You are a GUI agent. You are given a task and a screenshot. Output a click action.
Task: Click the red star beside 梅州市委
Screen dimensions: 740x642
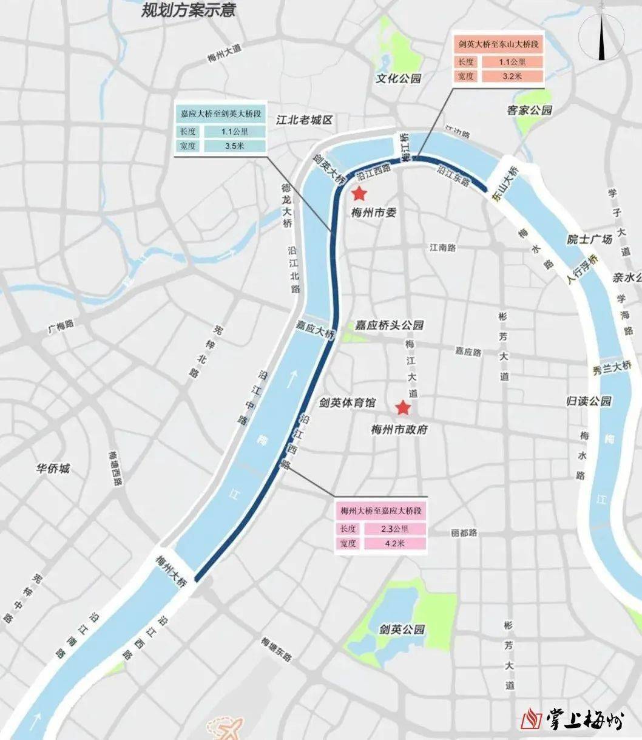click(359, 194)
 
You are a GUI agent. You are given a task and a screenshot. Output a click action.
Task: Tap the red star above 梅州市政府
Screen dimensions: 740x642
click(402, 409)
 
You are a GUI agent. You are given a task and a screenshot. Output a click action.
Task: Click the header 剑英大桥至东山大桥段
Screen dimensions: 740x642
click(499, 44)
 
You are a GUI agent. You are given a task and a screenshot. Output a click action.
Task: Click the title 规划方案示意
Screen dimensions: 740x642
click(188, 10)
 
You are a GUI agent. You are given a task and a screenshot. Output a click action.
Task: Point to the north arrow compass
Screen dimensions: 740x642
click(601, 38)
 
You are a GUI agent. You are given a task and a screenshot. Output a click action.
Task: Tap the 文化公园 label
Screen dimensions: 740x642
click(398, 79)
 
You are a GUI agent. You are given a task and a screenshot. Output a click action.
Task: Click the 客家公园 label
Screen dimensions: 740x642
click(530, 110)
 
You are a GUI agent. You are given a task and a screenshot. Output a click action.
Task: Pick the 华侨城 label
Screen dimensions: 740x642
click(53, 469)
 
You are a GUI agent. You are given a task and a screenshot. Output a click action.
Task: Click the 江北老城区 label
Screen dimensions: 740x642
click(304, 120)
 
